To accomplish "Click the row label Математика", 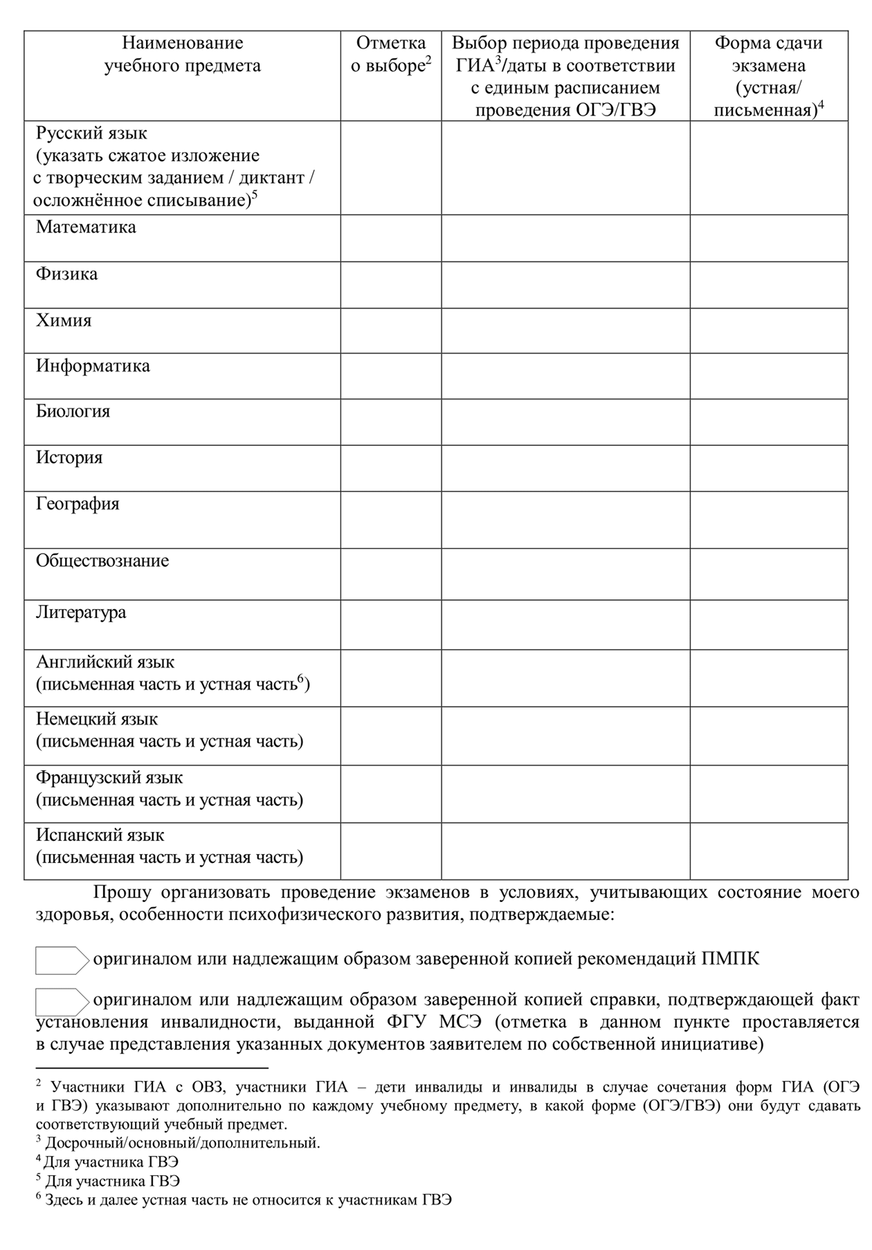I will [x=86, y=228].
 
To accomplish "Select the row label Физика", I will [x=66, y=274].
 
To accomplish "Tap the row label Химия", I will [x=64, y=321].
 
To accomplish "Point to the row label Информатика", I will [x=93, y=366].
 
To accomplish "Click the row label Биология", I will [x=73, y=412].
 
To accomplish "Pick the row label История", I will [x=69, y=458].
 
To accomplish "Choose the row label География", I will [x=78, y=504].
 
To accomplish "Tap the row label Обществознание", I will [x=102, y=561].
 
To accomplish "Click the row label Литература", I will [x=81, y=613].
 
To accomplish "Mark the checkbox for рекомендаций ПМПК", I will [x=61, y=960].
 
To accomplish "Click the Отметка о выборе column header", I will [x=391, y=55].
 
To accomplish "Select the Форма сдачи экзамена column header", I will [x=769, y=76].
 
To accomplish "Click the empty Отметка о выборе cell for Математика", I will [x=391, y=238].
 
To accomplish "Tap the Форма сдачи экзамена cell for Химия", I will [x=769, y=331].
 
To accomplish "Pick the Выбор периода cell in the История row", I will [x=565, y=469].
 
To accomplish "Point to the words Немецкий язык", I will [x=97, y=720].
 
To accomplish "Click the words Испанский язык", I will [x=100, y=835].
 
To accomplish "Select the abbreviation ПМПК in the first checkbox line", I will [x=730, y=960].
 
